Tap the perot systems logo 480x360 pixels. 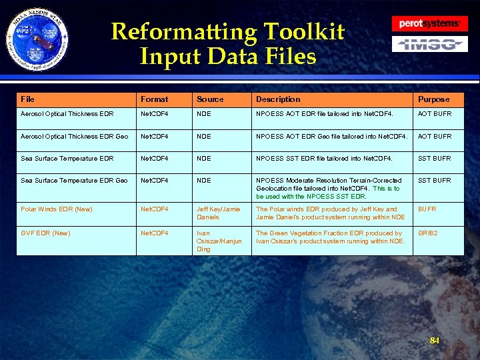(429, 24)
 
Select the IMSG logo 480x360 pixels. (429, 45)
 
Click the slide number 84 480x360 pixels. (435, 341)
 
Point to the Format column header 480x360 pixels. (154, 99)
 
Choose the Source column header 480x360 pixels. (210, 99)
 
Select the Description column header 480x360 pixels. (278, 99)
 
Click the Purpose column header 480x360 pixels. (433, 99)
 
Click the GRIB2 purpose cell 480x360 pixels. (428, 233)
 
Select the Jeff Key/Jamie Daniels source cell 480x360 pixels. (218, 213)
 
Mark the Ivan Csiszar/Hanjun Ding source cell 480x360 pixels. (219, 241)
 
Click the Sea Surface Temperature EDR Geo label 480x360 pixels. (74, 181)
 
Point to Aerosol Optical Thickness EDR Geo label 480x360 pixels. (74, 137)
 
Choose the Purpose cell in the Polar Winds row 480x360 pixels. (427, 209)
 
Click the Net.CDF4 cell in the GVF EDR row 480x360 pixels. (154, 233)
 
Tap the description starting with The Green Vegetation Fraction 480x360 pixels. (330, 237)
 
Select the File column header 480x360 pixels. (27, 99)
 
